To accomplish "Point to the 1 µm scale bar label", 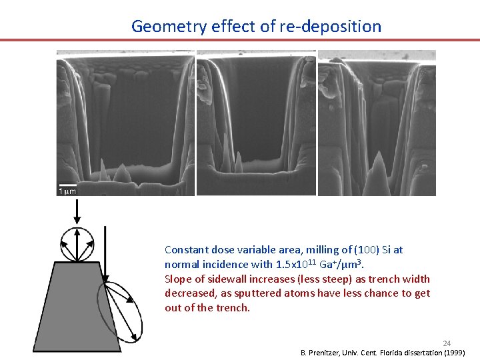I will point(68,191).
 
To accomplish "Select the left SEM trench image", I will point(125,123).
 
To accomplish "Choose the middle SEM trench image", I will point(256,123).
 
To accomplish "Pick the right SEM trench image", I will point(377,123).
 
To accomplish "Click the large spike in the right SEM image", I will point(377,172).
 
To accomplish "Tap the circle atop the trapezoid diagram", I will point(77,244).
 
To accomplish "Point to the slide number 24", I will point(447,343).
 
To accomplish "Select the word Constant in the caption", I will point(186,250).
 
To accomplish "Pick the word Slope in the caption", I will point(178,279).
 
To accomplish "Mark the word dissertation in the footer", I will point(424,352).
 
